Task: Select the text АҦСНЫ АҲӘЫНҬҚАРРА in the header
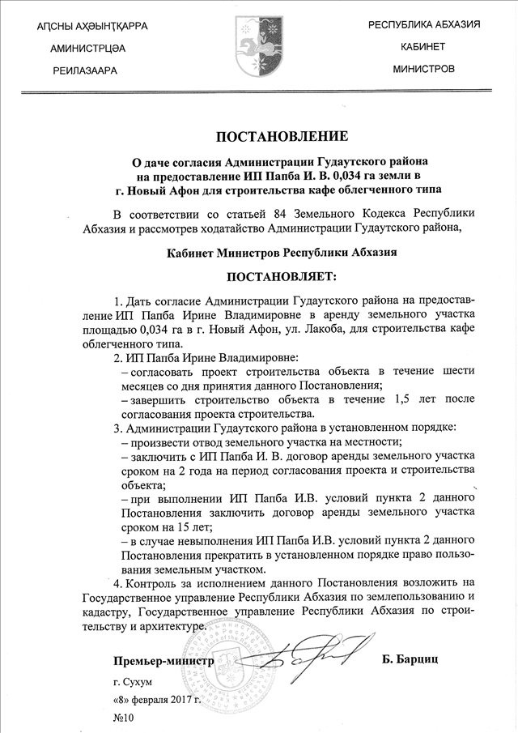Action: tap(93, 27)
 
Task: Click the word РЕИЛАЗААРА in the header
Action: tap(85, 71)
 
